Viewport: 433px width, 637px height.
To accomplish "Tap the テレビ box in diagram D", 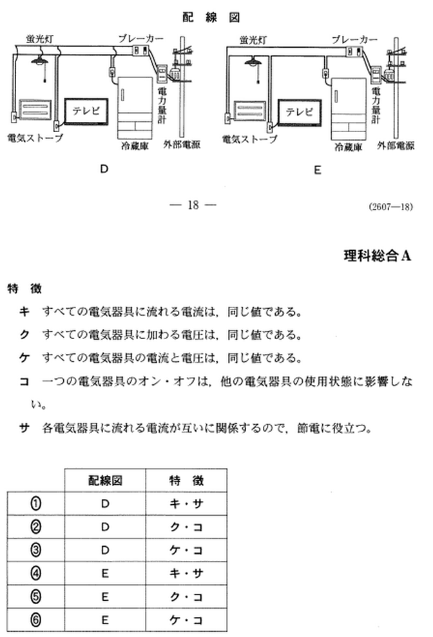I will (x=86, y=111).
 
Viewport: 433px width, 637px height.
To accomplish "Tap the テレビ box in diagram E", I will (x=299, y=112).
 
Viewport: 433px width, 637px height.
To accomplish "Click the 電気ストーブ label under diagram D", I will (x=35, y=139).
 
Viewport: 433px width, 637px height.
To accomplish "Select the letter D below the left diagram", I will (x=103, y=170).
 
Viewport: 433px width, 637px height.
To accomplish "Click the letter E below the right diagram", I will (x=317, y=170).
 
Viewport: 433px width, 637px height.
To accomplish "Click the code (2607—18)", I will (x=391, y=207).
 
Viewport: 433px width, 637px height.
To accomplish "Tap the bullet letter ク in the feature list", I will (x=24, y=335).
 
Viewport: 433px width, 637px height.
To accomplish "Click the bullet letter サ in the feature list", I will (x=24, y=427).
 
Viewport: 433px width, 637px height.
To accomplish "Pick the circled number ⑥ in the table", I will (x=36, y=620).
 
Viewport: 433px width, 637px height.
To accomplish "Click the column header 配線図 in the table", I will (x=105, y=480).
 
